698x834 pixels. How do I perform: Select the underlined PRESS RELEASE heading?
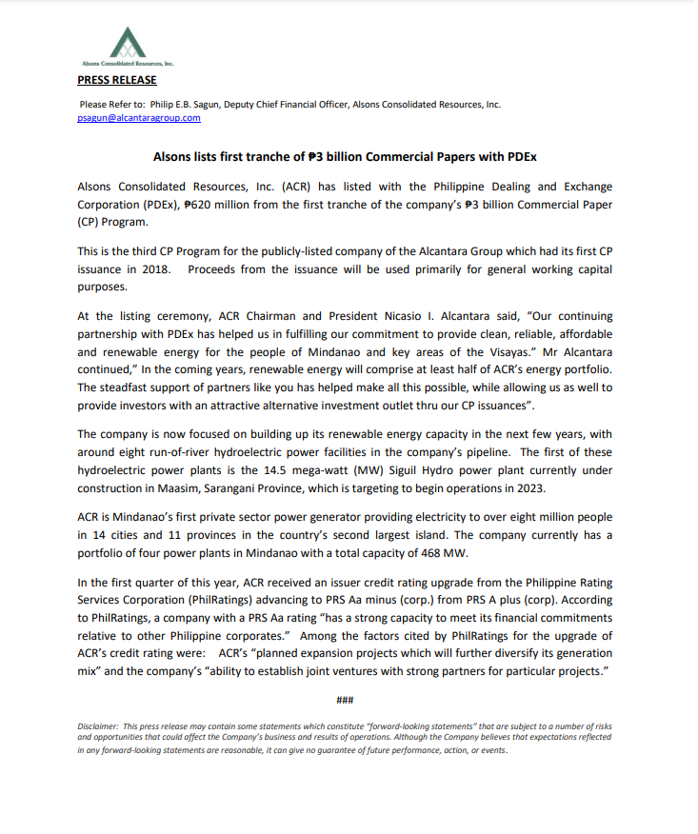click(x=117, y=80)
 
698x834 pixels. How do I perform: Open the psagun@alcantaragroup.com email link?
click(x=139, y=118)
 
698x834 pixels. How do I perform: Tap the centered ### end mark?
click(x=345, y=702)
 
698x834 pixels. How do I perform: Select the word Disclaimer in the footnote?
click(x=98, y=726)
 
